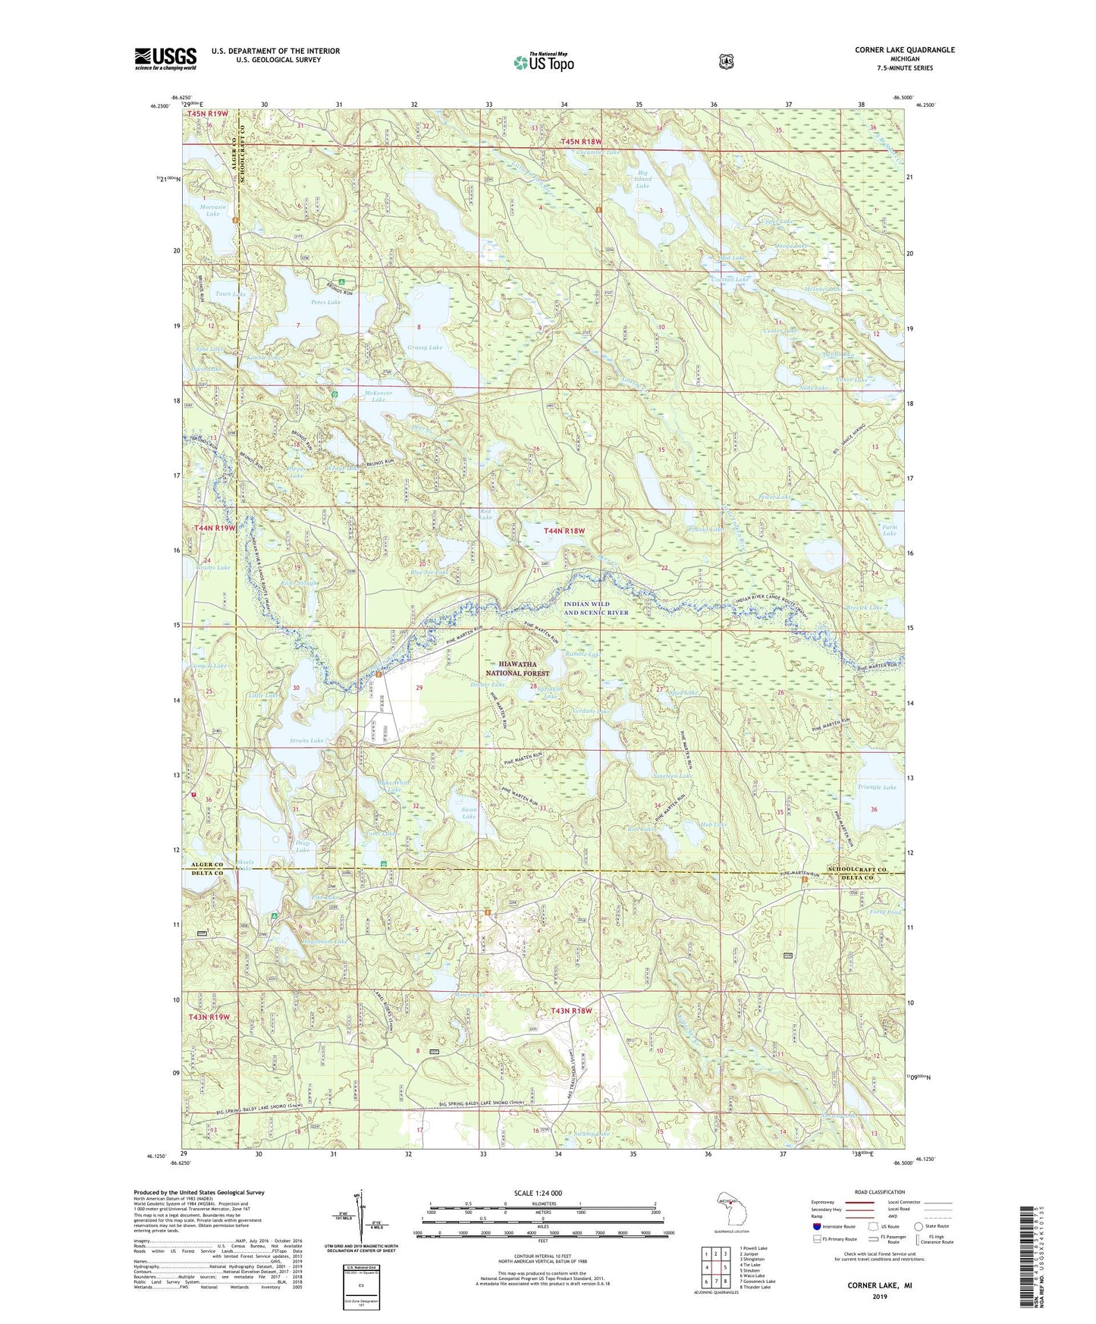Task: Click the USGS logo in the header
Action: [165, 58]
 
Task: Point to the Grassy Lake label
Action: [424, 347]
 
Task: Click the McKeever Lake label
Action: [378, 395]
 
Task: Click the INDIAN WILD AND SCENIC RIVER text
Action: [596, 607]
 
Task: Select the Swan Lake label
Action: [469, 813]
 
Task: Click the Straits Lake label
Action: [306, 740]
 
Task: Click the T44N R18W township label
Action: [564, 532]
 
